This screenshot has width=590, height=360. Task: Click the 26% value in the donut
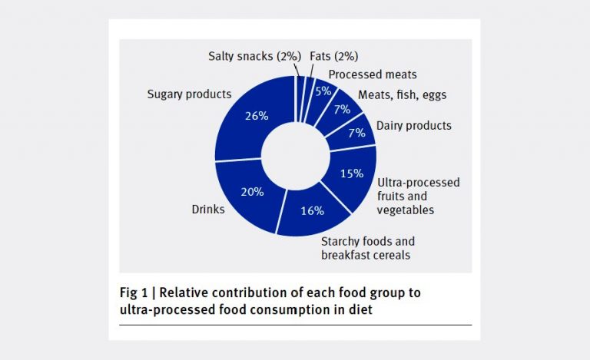(x=257, y=117)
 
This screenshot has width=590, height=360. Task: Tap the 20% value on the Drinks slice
(x=253, y=193)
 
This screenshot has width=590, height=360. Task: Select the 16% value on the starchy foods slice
(x=312, y=210)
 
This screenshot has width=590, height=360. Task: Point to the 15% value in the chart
(x=352, y=173)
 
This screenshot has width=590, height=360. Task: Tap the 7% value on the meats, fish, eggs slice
(x=341, y=110)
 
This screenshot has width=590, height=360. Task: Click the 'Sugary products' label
(x=189, y=94)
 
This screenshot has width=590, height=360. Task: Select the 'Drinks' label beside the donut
(x=208, y=209)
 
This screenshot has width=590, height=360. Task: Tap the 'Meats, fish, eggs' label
(x=403, y=95)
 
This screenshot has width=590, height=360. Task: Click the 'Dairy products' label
(x=413, y=125)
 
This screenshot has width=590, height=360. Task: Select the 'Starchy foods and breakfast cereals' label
(x=368, y=246)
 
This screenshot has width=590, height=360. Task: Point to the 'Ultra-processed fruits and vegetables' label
(x=418, y=196)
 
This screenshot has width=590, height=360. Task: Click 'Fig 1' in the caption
(x=135, y=292)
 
